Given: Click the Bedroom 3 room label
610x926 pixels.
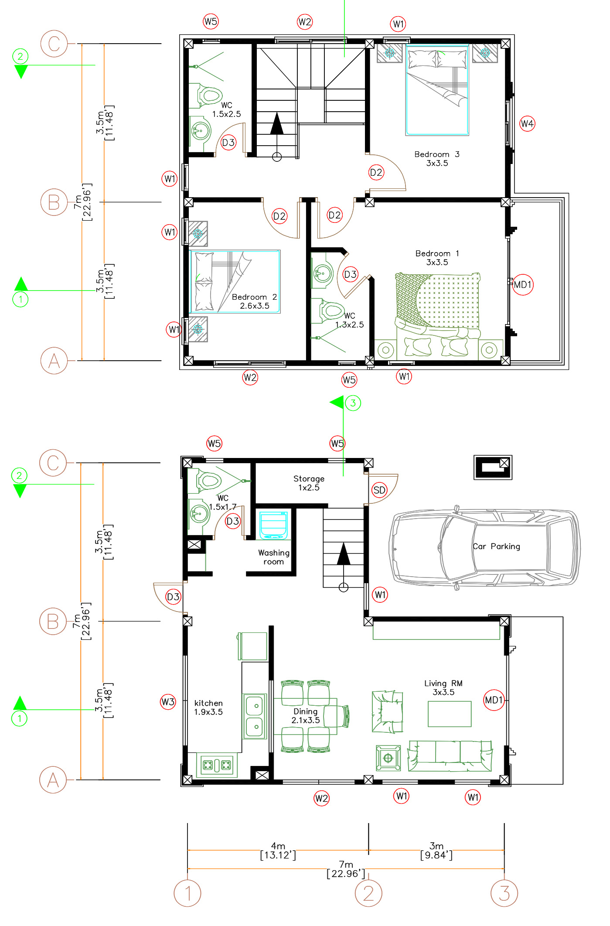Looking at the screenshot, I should [436, 159].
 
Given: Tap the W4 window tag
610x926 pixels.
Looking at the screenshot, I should [527, 124].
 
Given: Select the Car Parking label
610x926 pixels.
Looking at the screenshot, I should [496, 547].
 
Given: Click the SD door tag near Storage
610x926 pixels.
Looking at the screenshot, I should [379, 490].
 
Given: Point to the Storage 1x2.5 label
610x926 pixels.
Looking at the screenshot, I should [309, 483].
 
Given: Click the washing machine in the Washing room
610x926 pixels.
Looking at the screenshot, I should [273, 526].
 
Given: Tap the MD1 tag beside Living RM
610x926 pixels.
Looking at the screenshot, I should [494, 700].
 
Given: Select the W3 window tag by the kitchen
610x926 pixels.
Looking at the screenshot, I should [167, 702].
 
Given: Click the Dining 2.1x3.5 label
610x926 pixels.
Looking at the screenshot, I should [305, 716].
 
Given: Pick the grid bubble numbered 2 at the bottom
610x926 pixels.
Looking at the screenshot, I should [368, 893].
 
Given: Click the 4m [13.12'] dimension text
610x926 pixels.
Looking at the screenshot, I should [278, 851].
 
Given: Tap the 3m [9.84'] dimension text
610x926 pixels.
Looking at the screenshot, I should [436, 851].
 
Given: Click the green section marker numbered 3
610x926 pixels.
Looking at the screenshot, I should [353, 403].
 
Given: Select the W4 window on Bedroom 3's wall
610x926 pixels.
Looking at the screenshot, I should [508, 123].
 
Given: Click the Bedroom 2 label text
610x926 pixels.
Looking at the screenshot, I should [254, 301].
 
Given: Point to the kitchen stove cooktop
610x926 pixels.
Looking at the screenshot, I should [216, 765].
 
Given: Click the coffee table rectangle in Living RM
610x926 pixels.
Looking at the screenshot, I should [449, 714].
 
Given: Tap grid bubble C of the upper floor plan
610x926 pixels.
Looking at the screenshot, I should [54, 44].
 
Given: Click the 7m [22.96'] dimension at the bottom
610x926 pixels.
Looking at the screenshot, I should [346, 869].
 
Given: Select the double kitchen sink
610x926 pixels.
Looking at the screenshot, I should [255, 716].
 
